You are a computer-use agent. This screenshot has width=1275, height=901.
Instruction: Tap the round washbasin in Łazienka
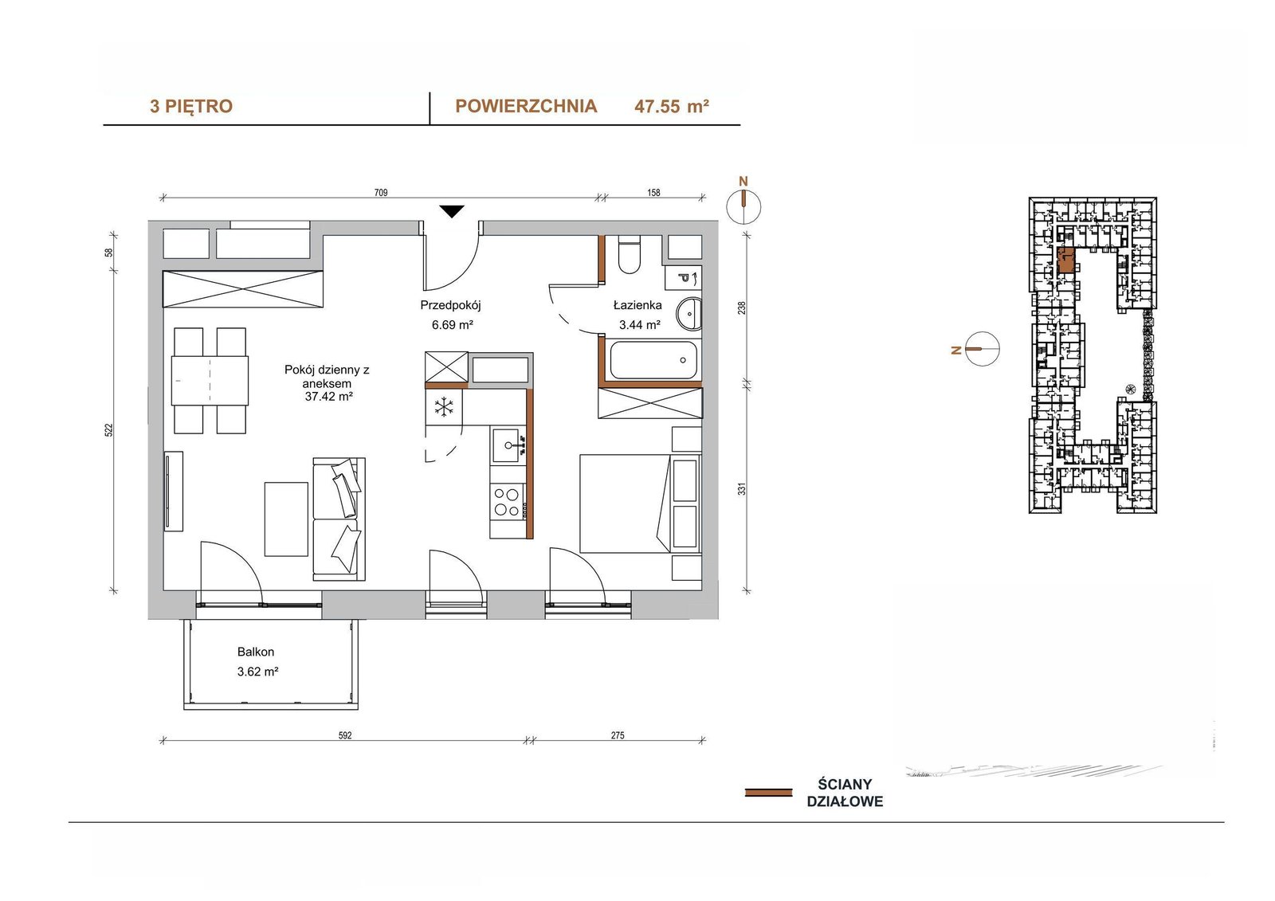688,313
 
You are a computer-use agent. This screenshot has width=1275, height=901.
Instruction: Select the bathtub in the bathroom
653,360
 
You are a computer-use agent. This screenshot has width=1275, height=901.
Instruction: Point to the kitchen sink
508,445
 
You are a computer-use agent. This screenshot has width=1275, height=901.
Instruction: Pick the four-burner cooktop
508,501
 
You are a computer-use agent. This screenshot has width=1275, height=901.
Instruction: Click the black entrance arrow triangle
452,211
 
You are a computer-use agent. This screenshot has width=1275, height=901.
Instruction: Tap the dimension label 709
381,192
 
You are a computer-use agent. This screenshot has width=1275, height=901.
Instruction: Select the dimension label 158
653,192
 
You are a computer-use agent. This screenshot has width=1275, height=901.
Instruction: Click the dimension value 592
345,735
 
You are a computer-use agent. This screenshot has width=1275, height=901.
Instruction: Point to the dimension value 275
618,735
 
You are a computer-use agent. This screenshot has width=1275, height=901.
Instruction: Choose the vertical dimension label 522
108,430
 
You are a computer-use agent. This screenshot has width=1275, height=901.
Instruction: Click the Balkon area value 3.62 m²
258,672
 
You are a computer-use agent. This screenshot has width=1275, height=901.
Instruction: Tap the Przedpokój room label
451,305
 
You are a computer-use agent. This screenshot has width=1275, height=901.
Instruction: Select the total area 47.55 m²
672,107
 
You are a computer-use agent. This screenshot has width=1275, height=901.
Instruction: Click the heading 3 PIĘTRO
191,107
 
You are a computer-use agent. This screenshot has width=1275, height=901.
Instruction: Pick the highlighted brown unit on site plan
1065,261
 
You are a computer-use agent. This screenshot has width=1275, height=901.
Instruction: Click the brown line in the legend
768,793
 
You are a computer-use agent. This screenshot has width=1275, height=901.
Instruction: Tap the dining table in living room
210,380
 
